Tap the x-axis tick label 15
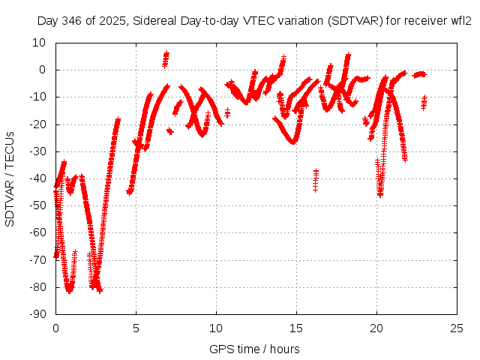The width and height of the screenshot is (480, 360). pyautogui.click(x=296, y=328)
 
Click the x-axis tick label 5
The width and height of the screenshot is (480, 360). pyautogui.click(x=136, y=328)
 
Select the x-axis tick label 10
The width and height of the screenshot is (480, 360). pyautogui.click(x=216, y=328)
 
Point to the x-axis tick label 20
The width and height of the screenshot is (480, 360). pyautogui.click(x=376, y=328)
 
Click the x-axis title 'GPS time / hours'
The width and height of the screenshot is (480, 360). pyautogui.click(x=256, y=349)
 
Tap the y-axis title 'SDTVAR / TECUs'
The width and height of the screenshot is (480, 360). pyautogui.click(x=10, y=178)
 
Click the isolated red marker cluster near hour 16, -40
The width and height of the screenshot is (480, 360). pyautogui.click(x=316, y=180)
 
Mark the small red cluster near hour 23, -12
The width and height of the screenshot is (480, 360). pyautogui.click(x=424, y=102)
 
